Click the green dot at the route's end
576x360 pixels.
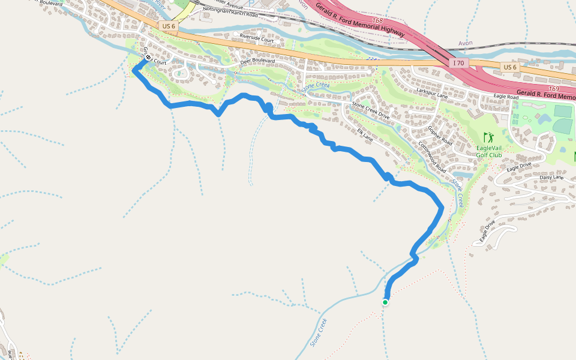[x=385, y=302]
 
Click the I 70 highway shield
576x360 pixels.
[x=458, y=63]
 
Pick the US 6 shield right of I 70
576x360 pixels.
[x=509, y=67]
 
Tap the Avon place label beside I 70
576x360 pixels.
[x=466, y=44]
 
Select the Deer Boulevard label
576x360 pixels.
[x=257, y=61]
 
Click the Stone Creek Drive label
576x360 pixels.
[x=371, y=111]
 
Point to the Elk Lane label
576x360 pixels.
[x=365, y=136]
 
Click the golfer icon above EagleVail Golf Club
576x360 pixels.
[x=488, y=137]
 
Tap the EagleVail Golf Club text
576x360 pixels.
[x=488, y=151]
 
